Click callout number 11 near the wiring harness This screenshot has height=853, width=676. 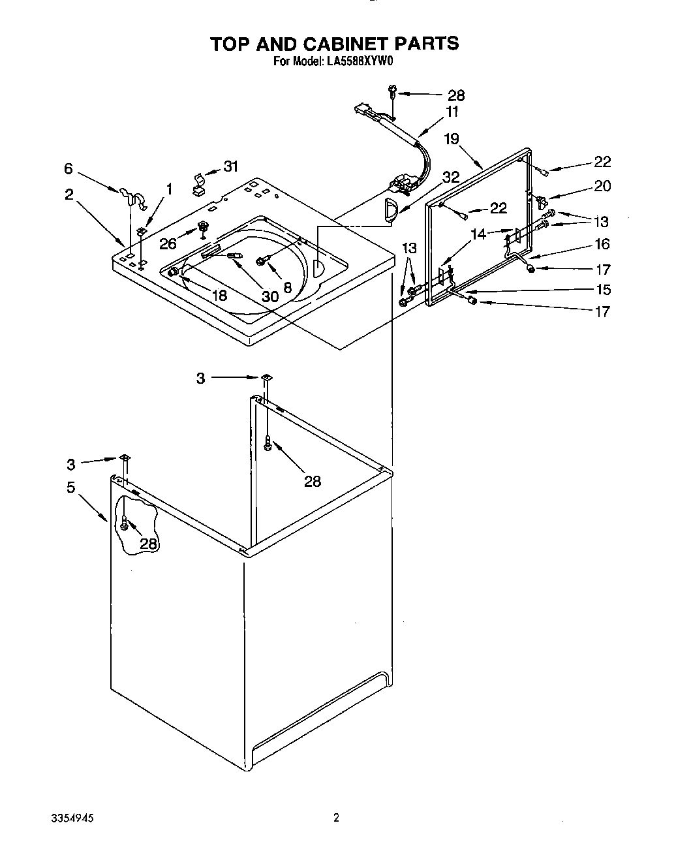click(452, 112)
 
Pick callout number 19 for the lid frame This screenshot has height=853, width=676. click(452, 138)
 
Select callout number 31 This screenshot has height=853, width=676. click(231, 166)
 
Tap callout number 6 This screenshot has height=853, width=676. click(69, 168)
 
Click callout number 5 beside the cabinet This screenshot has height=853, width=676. click(70, 487)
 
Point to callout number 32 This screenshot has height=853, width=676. click(451, 176)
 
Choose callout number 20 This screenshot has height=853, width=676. click(602, 186)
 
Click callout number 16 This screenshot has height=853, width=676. click(602, 243)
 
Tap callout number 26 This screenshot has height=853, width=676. click(168, 243)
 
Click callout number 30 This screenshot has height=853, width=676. click(270, 296)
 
